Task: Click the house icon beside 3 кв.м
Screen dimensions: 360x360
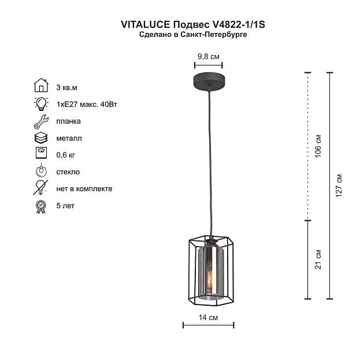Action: pyautogui.click(x=41, y=85)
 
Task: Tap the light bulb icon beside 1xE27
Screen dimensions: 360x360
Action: pyautogui.click(x=41, y=104)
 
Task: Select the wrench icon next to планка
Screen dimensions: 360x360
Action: pyautogui.click(x=41, y=121)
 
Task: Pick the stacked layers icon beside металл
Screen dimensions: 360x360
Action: pyautogui.click(x=41, y=138)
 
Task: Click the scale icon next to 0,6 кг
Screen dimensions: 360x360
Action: pyautogui.click(x=42, y=153)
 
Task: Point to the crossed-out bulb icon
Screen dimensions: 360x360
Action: pyautogui.click(x=40, y=188)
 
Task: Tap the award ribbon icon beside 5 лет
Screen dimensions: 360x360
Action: pyautogui.click(x=41, y=207)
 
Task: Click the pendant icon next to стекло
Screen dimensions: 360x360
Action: pyautogui.click(x=41, y=170)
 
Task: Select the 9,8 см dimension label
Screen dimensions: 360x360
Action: pyautogui.click(x=209, y=57)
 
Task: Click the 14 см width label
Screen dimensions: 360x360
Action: pyautogui.click(x=208, y=317)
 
